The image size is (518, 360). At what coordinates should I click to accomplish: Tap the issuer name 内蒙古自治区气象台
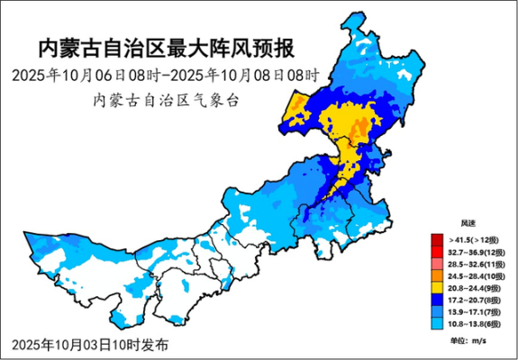pos(167,100)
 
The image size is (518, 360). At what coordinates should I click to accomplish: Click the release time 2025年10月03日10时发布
pos(90,345)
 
